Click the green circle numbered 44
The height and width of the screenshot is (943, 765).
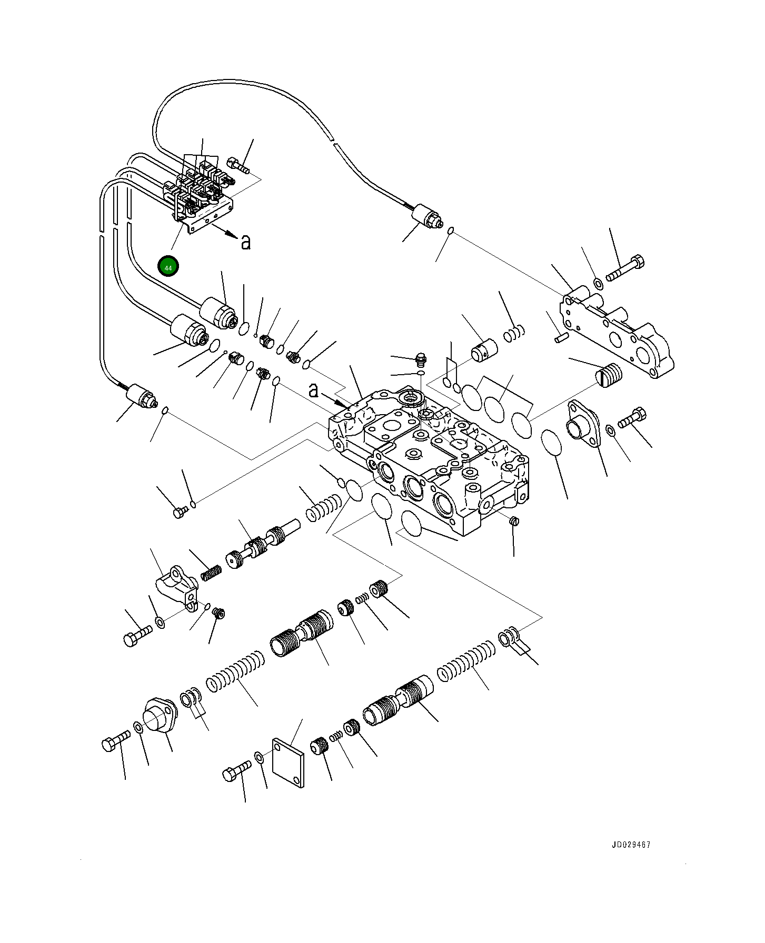[168, 267]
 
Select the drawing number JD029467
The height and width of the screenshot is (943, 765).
[631, 845]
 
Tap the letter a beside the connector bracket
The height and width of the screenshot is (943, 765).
[245, 242]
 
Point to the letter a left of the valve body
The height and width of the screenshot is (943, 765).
[313, 390]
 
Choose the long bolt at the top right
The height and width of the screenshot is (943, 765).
[625, 268]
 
